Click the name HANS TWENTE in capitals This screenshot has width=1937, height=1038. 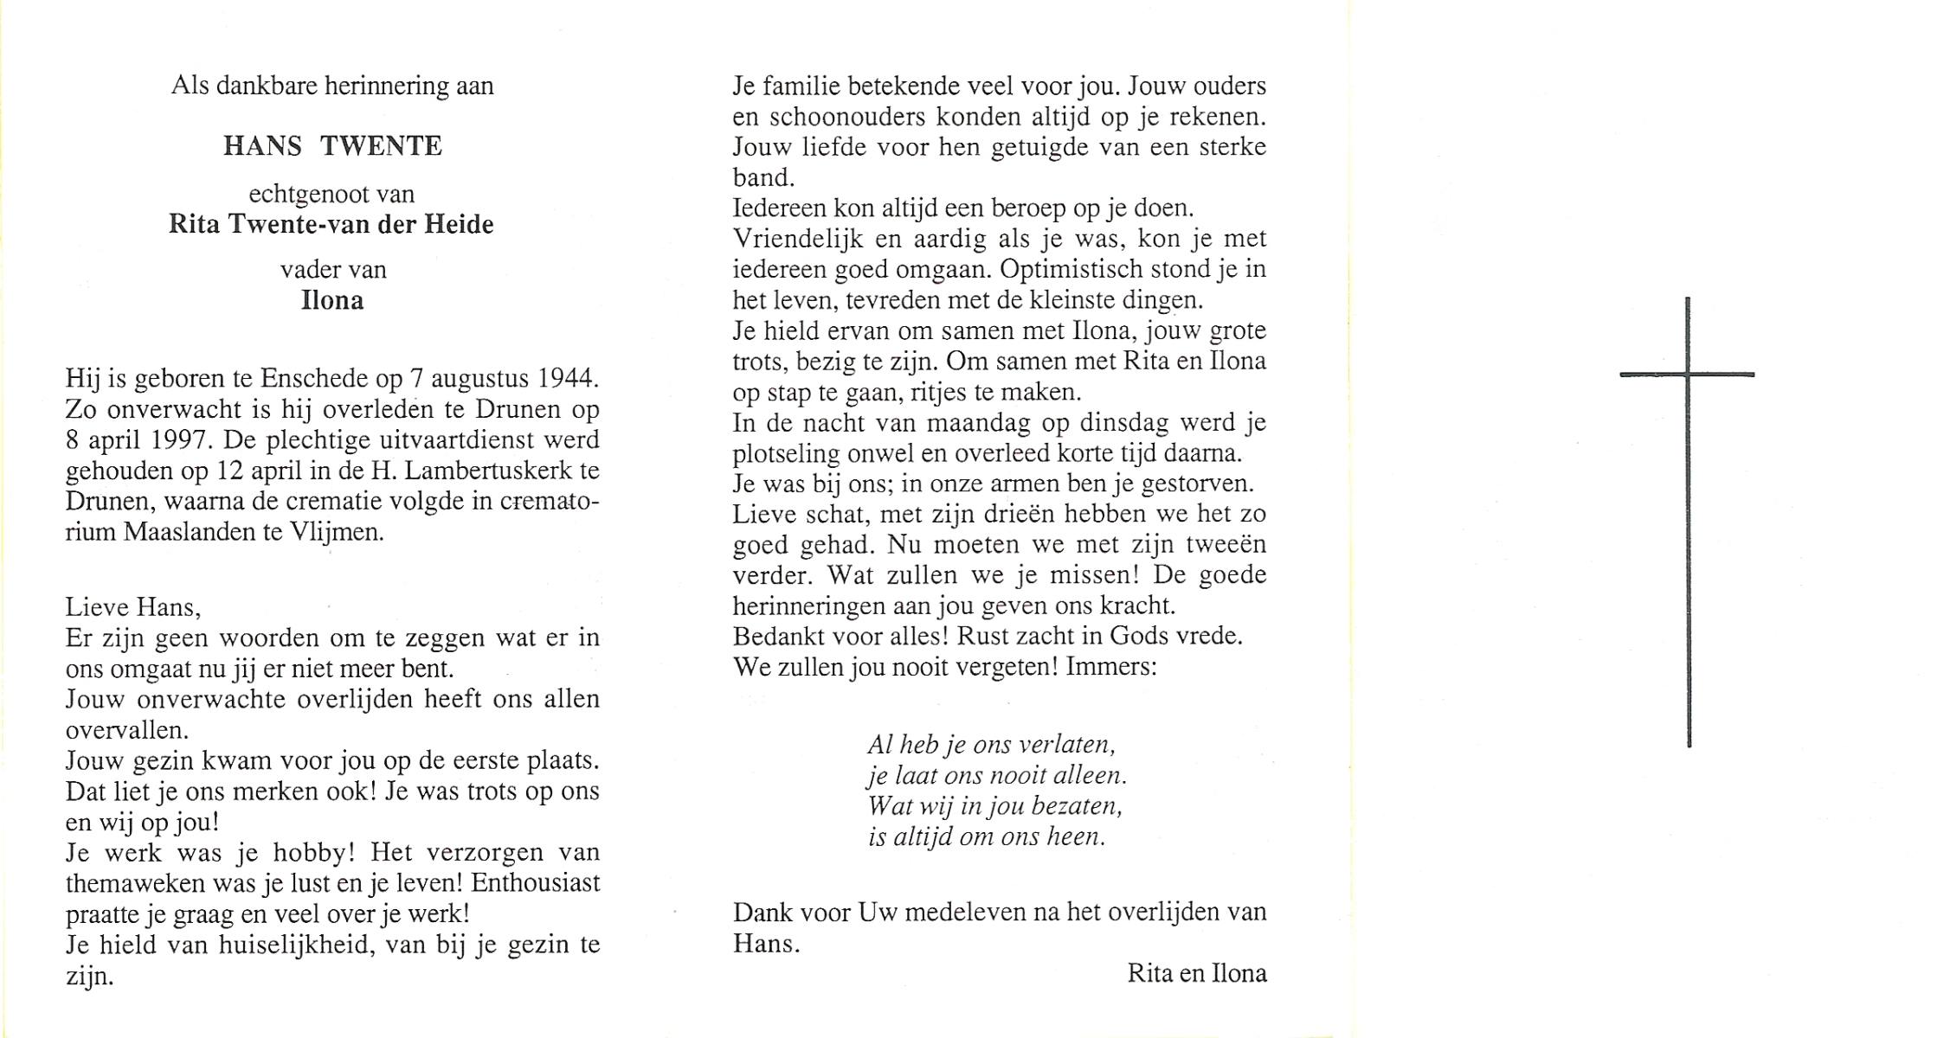click(x=332, y=146)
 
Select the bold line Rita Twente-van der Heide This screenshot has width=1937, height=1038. click(x=331, y=225)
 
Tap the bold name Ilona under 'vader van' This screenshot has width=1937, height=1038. click(x=332, y=301)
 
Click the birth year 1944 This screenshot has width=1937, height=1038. click(x=568, y=378)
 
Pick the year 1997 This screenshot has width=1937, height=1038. click(x=180, y=439)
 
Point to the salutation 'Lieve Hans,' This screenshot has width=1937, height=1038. click(x=133, y=607)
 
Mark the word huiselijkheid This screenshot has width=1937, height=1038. click(x=296, y=945)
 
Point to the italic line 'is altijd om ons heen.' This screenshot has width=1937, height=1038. click(x=987, y=836)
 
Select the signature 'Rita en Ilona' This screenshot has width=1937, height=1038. click(x=1196, y=974)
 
